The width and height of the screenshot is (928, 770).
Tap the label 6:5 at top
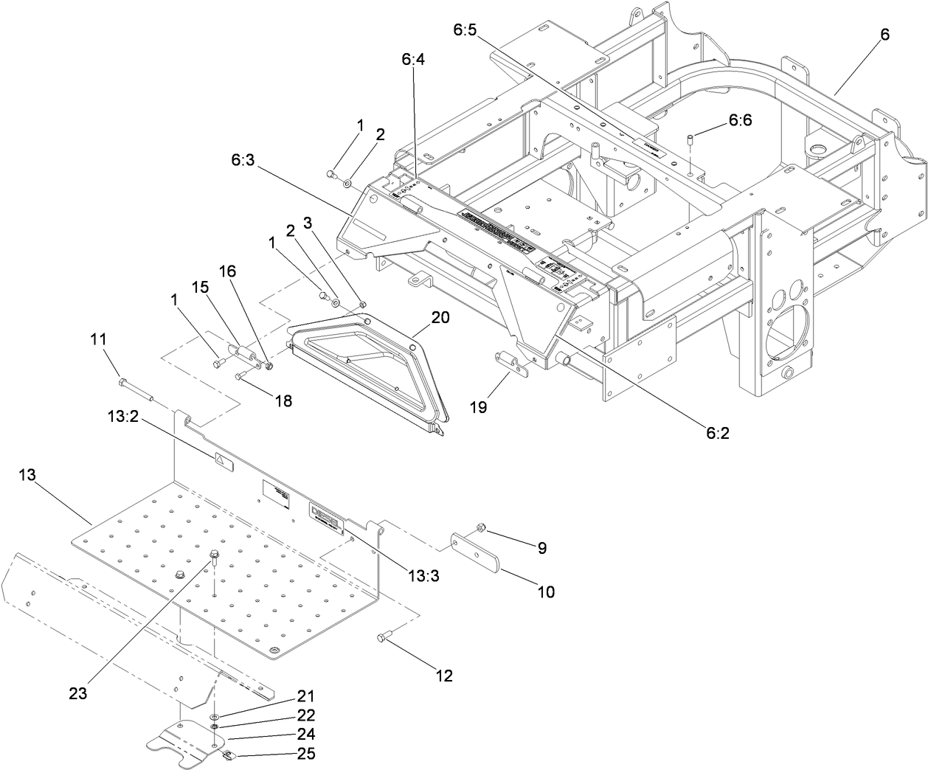click(465, 30)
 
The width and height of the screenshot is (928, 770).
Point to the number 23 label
click(79, 693)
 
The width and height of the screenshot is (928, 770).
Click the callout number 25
click(306, 753)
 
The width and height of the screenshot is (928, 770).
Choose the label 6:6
click(740, 120)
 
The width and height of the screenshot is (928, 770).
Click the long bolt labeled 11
click(136, 390)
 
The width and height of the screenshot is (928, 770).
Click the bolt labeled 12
click(383, 636)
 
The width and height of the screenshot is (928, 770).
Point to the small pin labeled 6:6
click(690, 139)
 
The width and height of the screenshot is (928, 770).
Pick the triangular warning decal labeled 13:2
click(222, 461)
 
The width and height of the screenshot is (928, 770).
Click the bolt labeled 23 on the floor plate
click(215, 555)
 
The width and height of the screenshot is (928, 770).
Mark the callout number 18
click(283, 400)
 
